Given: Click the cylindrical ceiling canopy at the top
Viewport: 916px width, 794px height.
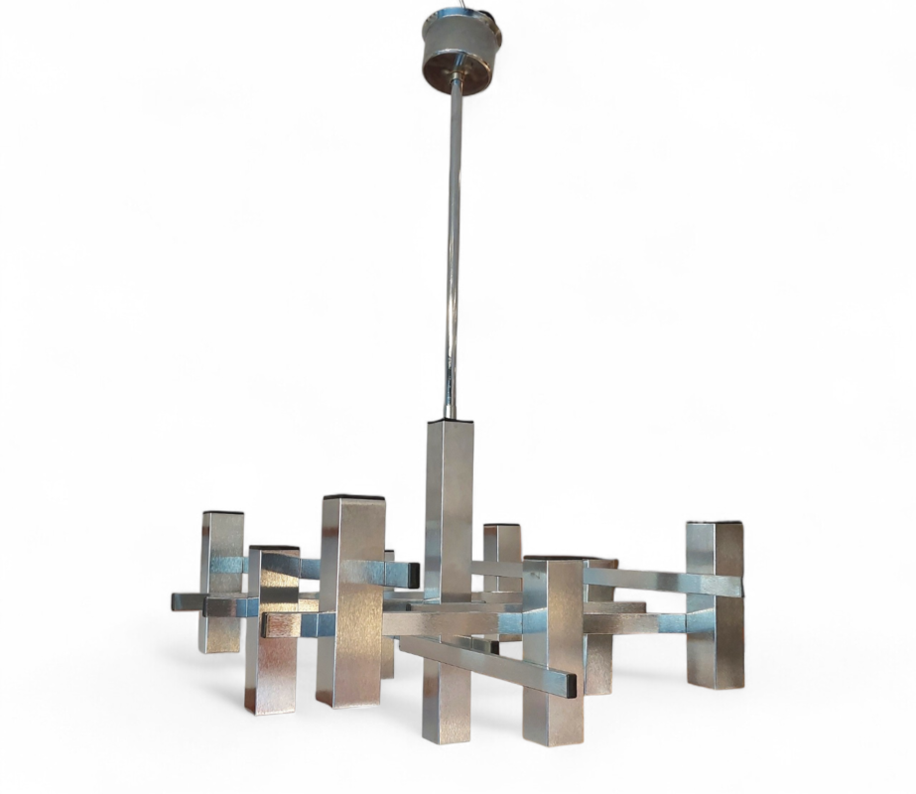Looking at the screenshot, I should (460, 42).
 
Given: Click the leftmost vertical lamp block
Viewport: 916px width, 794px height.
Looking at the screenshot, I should (221, 581).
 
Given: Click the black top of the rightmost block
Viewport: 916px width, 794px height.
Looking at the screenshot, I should (716, 521).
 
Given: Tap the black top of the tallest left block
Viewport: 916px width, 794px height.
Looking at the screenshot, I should (353, 496).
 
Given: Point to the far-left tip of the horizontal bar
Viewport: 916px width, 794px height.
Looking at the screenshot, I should (176, 601).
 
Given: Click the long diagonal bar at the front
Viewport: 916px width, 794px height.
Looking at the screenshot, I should (486, 661).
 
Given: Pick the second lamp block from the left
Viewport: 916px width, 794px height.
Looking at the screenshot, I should (271, 630).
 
